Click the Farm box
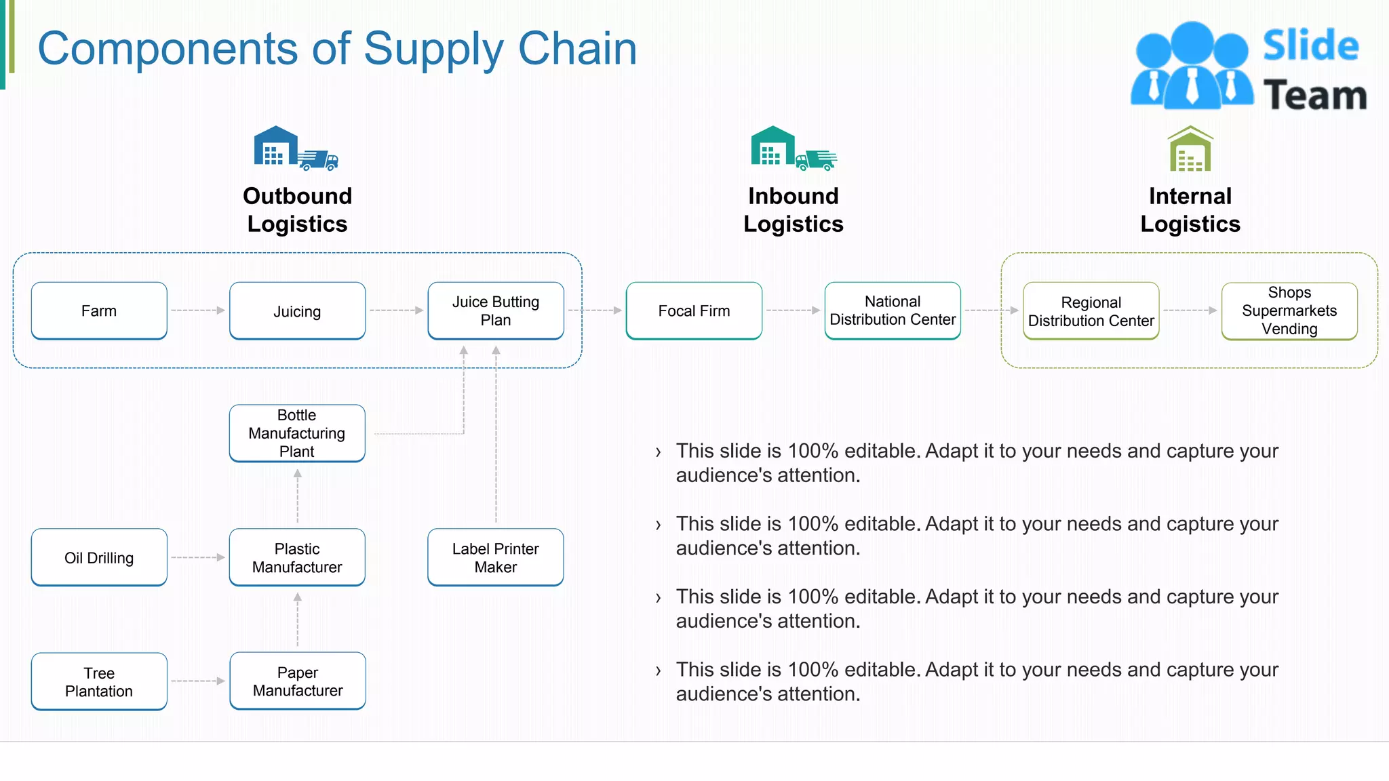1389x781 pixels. click(x=99, y=311)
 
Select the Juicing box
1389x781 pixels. click(x=297, y=311)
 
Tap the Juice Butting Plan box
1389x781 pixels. click(x=496, y=311)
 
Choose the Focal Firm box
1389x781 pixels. click(x=694, y=311)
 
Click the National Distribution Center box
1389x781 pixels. click(x=893, y=311)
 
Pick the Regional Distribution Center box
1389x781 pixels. click(x=1091, y=311)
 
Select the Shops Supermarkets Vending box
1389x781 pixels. click(x=1289, y=311)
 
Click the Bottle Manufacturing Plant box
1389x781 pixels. click(x=297, y=433)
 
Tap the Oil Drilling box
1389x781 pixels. click(x=99, y=557)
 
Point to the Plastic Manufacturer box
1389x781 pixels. click(x=297, y=557)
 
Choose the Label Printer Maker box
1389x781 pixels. click(x=496, y=557)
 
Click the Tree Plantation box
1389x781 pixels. click(x=99, y=681)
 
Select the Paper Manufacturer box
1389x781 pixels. click(x=298, y=681)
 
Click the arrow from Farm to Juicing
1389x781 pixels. click(x=198, y=311)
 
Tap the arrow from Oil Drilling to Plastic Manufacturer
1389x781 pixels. click(x=198, y=557)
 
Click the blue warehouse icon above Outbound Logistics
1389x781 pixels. click(x=275, y=146)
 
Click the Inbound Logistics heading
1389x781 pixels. click(x=794, y=209)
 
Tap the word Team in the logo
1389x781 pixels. click(x=1314, y=95)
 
